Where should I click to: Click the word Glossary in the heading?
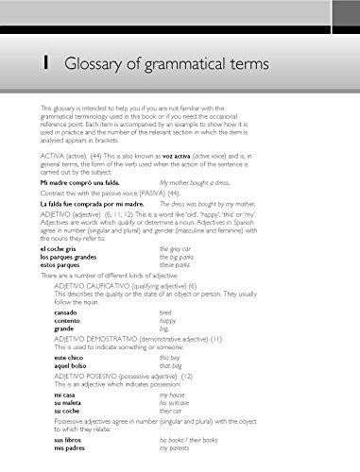[96, 63]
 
